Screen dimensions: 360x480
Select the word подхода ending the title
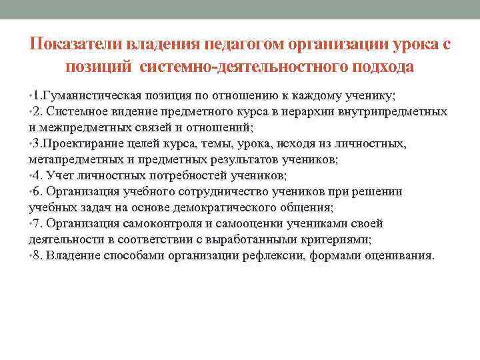point(378,67)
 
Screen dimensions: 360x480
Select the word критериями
point(331,240)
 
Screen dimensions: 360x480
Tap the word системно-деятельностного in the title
point(237,67)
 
